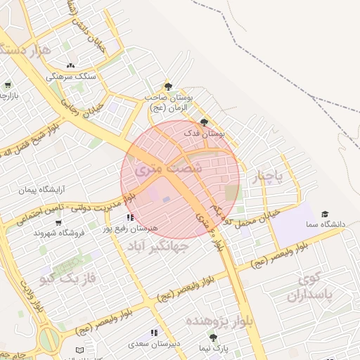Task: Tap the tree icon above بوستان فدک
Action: click(204, 122)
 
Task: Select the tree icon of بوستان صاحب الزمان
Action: click(167, 85)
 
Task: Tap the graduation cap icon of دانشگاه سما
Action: click(325, 214)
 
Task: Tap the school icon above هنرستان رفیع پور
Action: click(131, 217)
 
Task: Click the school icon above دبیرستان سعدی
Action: click(153, 333)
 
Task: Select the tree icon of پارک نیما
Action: click(213, 337)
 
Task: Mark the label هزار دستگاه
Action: click(27, 51)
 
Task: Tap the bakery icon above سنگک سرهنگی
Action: click(70, 65)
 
